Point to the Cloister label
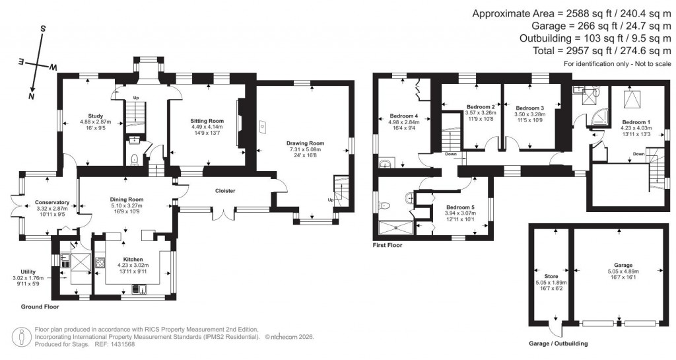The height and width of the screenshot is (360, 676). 225,191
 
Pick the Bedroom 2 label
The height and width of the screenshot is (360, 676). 481,106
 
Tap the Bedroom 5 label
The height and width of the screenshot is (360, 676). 459,207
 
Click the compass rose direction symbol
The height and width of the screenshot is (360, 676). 40,62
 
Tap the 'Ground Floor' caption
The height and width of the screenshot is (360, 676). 40,306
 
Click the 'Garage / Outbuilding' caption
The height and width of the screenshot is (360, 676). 558,343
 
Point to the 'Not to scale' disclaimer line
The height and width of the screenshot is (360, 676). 617,64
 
